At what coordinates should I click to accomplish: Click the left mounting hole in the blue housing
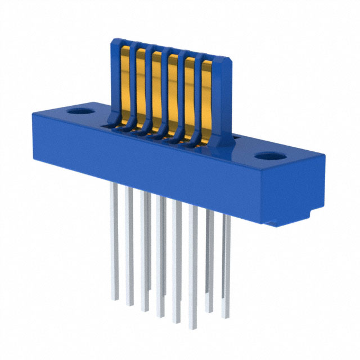pos(77,111)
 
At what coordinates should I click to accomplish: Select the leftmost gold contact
pos(125,84)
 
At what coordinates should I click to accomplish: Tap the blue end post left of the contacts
pos(115,79)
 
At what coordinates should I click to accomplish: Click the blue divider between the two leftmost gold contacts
pos(133,84)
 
